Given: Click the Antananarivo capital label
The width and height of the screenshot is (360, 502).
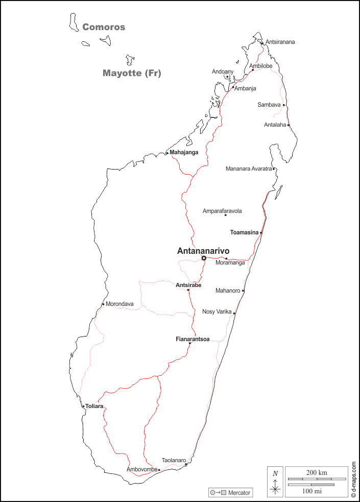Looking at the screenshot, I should pos(203,251).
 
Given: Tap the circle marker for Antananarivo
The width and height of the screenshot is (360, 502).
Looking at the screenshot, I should pos(204,258).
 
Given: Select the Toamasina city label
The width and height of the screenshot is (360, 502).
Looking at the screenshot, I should pos(244,232).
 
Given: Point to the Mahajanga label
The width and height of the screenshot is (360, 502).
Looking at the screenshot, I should pos(184,152).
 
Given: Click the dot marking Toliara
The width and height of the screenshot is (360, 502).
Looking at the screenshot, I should pos(83,407).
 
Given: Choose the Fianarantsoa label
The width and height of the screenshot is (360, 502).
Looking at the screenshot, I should pos(193,339).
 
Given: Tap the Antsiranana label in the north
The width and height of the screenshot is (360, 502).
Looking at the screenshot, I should pos(280,42).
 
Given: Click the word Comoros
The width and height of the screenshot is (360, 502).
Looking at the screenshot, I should pos(104,27).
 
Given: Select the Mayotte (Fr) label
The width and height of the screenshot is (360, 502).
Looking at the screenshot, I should pos(132,73).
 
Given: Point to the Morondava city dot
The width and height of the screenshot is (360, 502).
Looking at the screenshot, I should pos(103,305).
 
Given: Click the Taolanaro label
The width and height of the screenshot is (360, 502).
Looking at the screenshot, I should pos(174,460).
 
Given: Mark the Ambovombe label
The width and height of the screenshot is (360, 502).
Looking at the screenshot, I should pos(141,469).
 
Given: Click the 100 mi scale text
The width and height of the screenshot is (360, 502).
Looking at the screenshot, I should pos(311,491).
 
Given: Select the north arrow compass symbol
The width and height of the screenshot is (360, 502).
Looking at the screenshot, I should pos(275,482).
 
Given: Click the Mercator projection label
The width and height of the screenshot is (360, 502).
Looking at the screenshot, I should pos(239,493).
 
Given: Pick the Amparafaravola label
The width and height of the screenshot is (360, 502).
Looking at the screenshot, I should pos(222,211).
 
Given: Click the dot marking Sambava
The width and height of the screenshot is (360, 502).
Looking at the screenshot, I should pos(284,105).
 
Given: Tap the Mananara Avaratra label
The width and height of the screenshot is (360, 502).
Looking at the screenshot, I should pos(249,169).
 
